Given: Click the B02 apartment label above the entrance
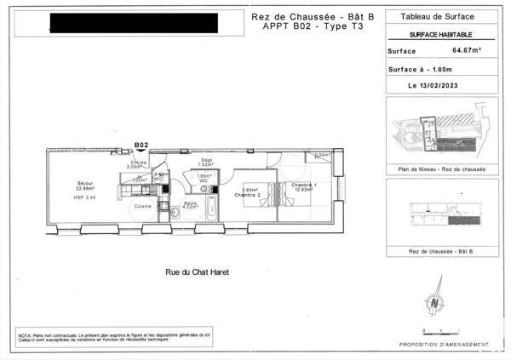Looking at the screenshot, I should (x=142, y=146).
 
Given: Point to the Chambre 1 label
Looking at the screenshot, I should (x=304, y=186).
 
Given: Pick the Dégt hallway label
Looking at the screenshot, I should (x=206, y=161).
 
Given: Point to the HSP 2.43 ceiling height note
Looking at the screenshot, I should (x=62, y=197).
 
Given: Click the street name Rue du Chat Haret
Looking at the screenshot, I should (x=198, y=273).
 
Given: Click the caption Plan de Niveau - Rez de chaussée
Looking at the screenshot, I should (x=441, y=169).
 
